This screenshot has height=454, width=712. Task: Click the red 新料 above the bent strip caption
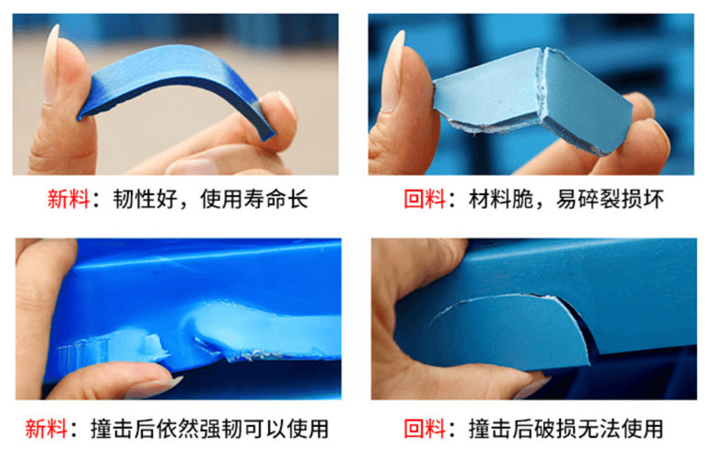coord(68,199)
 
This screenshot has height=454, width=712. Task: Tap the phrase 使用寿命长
coord(254,199)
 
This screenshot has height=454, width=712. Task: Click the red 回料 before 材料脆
coord(425,199)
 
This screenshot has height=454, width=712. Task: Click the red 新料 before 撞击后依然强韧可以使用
coord(46,428)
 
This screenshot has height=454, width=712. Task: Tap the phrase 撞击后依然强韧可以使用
coord(210,428)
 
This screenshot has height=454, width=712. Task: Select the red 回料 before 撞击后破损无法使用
coord(425,428)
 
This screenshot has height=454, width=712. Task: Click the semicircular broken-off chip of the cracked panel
coord(508,331)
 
